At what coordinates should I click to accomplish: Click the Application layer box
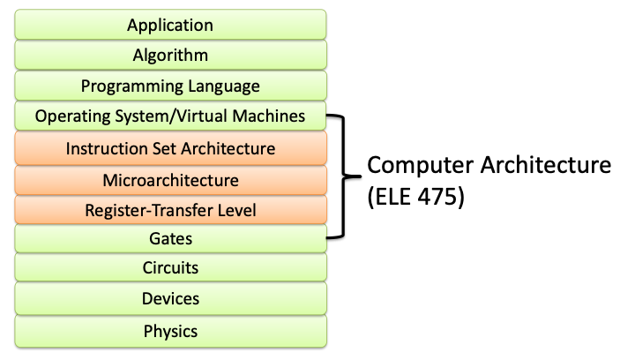click(x=170, y=25)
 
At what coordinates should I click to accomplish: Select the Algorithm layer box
click(x=170, y=56)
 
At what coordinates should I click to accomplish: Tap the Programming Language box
click(x=170, y=86)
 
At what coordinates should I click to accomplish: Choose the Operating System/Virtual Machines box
click(x=170, y=116)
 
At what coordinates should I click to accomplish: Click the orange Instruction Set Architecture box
click(x=170, y=148)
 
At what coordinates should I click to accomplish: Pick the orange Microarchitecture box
click(x=170, y=180)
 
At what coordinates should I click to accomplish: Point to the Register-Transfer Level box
click(x=170, y=211)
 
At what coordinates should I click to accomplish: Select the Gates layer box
click(x=170, y=239)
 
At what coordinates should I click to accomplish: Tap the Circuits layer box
click(x=170, y=267)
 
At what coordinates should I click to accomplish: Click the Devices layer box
click(x=170, y=298)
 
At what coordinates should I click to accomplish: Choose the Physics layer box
click(x=170, y=331)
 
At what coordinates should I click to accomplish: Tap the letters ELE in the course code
click(x=393, y=198)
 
